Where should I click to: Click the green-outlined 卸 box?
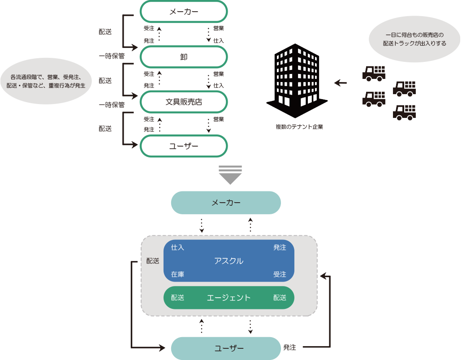coord(184,56)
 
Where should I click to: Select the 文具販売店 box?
coord(184,102)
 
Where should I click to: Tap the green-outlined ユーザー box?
coord(184,146)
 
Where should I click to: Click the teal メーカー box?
coord(226,203)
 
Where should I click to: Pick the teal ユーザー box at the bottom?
coord(226,348)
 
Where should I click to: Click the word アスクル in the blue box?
coord(229,261)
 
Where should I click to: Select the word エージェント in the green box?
coord(229,298)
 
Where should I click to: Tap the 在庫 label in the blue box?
coord(177,274)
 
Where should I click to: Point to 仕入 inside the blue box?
coord(177,247)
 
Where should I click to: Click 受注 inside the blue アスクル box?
coord(280,274)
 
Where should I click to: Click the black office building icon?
coord(297,81)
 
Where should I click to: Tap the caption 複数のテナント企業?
coord(299,127)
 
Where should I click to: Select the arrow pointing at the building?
coord(341,83)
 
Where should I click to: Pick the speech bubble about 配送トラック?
coord(414,39)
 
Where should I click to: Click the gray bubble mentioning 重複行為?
coord(46,81)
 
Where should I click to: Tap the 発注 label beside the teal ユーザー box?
coord(289,347)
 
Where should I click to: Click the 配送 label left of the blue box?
coord(153,261)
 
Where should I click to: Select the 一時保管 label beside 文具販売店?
coord(112,104)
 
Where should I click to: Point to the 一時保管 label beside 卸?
coord(112,56)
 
